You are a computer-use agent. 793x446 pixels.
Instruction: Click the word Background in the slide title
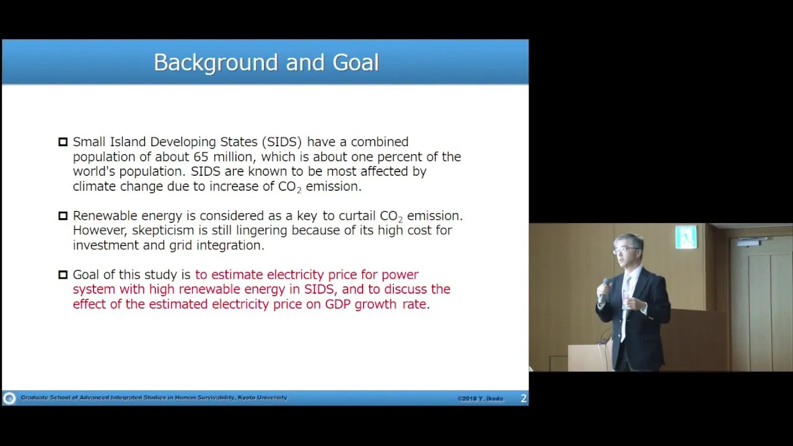(216, 63)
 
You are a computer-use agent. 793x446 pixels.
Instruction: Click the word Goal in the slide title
(356, 63)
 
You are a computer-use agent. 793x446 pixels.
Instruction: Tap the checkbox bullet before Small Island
(63, 142)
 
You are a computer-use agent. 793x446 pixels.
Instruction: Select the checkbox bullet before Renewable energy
(63, 216)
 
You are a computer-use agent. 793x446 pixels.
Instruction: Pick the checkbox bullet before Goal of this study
(63, 274)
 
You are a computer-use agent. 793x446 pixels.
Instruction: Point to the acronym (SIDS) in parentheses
(282, 142)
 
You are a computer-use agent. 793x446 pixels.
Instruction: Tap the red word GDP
(338, 304)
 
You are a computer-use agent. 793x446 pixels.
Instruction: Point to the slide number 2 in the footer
(524, 398)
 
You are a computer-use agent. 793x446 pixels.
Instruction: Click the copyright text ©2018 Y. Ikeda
(480, 398)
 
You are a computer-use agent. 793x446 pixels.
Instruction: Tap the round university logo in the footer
(9, 398)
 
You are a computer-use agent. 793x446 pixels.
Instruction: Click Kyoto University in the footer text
(262, 398)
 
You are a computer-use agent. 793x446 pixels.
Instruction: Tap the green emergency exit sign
(686, 237)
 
